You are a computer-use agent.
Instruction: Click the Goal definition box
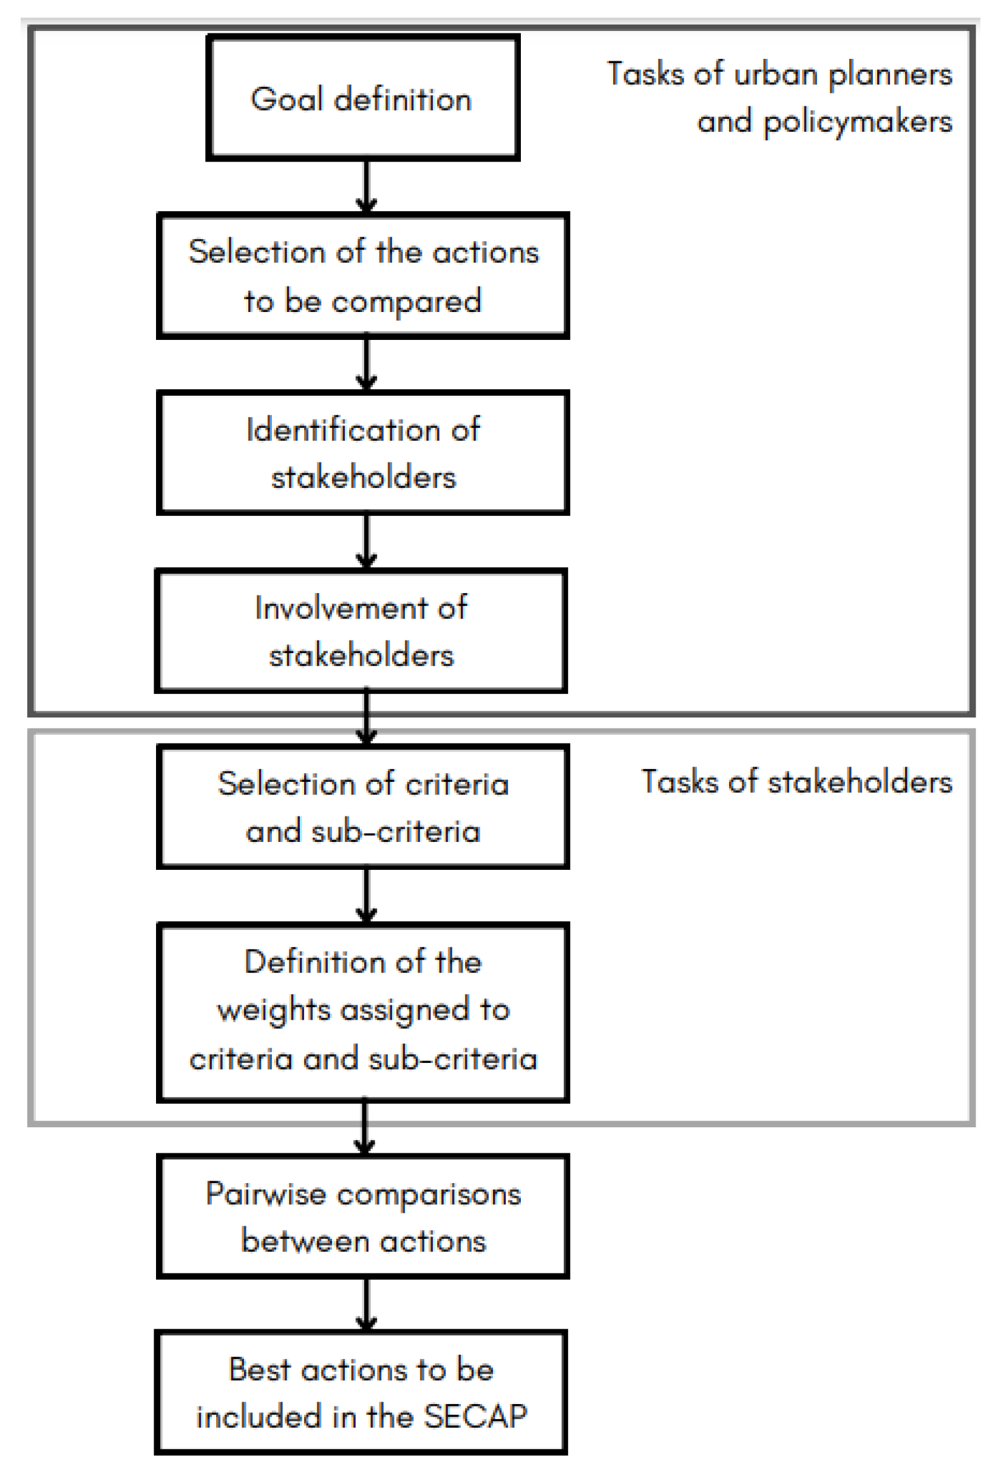tap(362, 98)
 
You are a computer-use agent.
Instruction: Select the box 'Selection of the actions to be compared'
tap(362, 276)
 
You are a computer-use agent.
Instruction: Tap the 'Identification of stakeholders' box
tap(362, 453)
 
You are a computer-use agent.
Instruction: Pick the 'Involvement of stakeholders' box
tap(361, 631)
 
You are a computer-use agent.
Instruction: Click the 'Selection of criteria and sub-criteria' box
tap(362, 807)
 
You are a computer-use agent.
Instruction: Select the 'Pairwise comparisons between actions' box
tap(362, 1216)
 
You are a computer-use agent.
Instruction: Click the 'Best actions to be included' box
tap(361, 1393)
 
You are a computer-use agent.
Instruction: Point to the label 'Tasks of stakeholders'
tap(796, 782)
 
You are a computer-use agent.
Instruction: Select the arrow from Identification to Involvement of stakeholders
tap(366, 542)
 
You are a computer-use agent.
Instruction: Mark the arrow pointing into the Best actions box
tap(366, 1305)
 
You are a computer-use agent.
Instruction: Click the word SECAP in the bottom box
tap(475, 1417)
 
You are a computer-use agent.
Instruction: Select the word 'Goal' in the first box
tap(287, 100)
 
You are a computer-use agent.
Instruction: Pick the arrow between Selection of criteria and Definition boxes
tap(366, 896)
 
